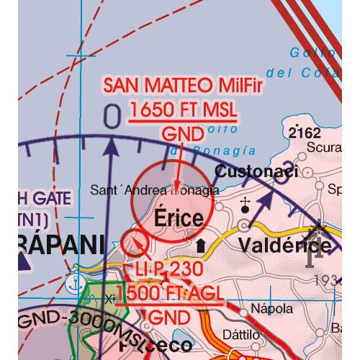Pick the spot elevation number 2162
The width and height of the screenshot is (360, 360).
pyautogui.click(x=304, y=133)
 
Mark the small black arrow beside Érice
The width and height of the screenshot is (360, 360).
pyautogui.click(x=200, y=246)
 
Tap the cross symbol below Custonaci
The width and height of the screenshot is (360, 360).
pyautogui.click(x=245, y=202)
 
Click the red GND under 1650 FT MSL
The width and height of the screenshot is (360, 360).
pyautogui.click(x=179, y=134)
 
